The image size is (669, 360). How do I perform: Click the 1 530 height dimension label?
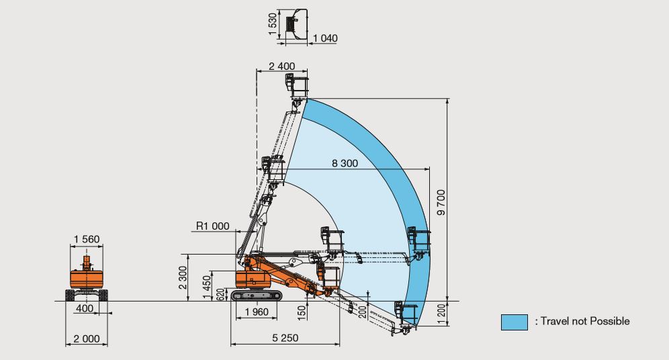(272, 24)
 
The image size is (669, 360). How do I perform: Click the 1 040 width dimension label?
(324, 38)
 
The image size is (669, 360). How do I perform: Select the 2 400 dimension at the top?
(282, 66)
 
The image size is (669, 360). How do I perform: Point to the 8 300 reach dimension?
(345, 163)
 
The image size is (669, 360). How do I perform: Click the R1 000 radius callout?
(212, 226)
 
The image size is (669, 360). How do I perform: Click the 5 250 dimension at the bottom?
(285, 338)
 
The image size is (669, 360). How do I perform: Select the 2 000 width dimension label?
(87, 338)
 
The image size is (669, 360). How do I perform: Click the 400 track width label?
(85, 308)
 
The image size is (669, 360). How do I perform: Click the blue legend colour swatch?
(514, 322)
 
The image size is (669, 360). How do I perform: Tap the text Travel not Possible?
(582, 322)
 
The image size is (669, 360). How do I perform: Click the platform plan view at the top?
(296, 23)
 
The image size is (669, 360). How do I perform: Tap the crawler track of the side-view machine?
(258, 296)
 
